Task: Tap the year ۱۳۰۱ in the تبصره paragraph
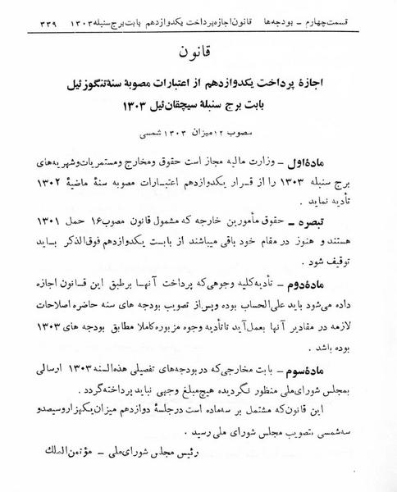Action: [x=47, y=222]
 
